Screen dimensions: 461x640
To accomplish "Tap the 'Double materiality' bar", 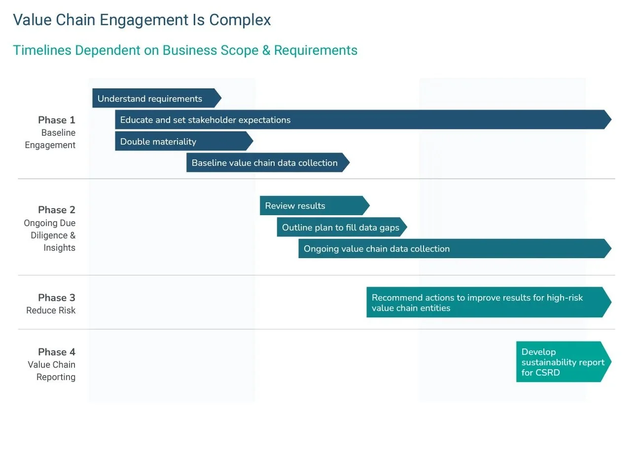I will (x=182, y=141).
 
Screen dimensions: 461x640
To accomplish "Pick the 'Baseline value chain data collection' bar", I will (x=266, y=162).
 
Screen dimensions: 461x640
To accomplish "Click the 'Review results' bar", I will (x=313, y=205).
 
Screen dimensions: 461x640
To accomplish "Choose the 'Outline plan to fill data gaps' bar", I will (x=341, y=227).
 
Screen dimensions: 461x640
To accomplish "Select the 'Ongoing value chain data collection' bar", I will (x=454, y=248).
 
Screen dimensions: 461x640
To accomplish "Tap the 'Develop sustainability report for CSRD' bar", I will (x=562, y=362).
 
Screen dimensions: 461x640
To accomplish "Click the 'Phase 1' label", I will (x=57, y=120).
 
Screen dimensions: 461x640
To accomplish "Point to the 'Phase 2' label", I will (x=57, y=210).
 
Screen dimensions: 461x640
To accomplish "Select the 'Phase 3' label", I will (x=57, y=298).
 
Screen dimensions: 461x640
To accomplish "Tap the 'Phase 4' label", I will (x=57, y=352).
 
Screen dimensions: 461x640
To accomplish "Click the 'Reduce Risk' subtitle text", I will (x=51, y=310).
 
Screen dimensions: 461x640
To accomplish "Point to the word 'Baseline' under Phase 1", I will (x=58, y=133).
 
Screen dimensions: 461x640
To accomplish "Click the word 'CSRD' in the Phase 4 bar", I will (x=548, y=373).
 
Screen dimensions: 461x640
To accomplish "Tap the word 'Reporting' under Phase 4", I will (x=56, y=377).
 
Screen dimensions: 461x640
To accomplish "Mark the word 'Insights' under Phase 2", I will (x=59, y=248).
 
